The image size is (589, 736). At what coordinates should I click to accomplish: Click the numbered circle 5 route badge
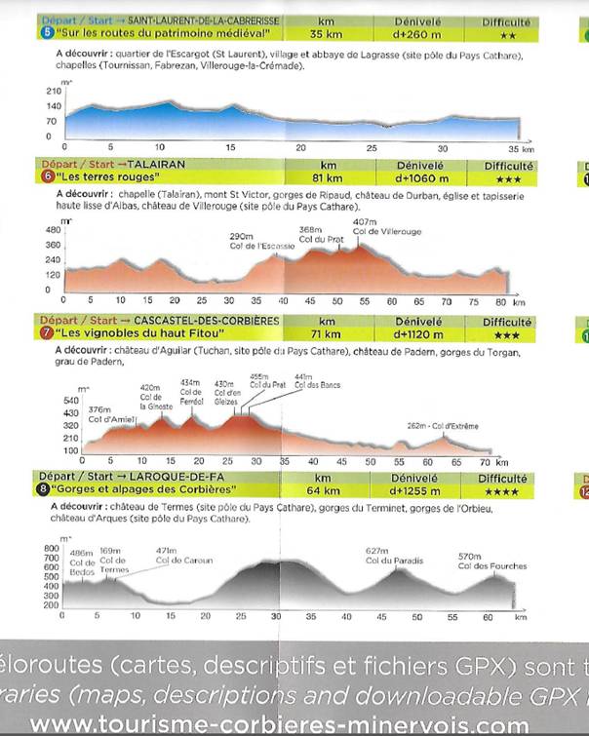tap(46, 32)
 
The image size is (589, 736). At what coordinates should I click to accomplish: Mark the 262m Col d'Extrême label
tap(443, 425)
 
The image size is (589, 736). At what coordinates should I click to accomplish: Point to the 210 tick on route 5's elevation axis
tap(53, 91)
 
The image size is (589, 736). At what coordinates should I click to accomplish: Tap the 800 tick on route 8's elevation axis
tap(53, 548)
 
